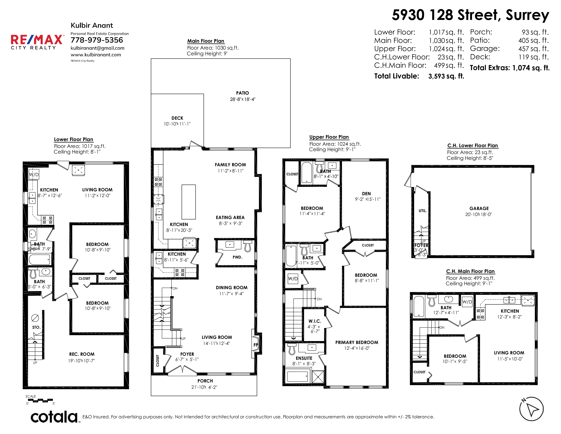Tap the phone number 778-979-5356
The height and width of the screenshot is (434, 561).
(97, 40)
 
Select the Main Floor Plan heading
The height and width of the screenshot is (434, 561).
(206, 41)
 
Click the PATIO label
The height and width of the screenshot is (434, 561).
(242, 93)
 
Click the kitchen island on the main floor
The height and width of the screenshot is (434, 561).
(189, 202)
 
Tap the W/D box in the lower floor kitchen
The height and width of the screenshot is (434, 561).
(34, 175)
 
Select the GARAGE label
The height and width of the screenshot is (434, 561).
(479, 208)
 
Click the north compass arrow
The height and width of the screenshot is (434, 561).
(532, 409)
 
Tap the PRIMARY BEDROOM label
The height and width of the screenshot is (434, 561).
(356, 342)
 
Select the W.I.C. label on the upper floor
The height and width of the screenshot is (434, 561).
(315, 321)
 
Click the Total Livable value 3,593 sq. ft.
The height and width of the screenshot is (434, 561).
(446, 76)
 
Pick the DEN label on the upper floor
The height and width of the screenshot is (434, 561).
(366, 194)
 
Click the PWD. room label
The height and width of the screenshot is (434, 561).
(237, 257)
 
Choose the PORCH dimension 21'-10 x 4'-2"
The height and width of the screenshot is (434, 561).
(204, 387)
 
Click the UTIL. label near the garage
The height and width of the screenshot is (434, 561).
(423, 211)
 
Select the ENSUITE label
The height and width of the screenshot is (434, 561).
(304, 358)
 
